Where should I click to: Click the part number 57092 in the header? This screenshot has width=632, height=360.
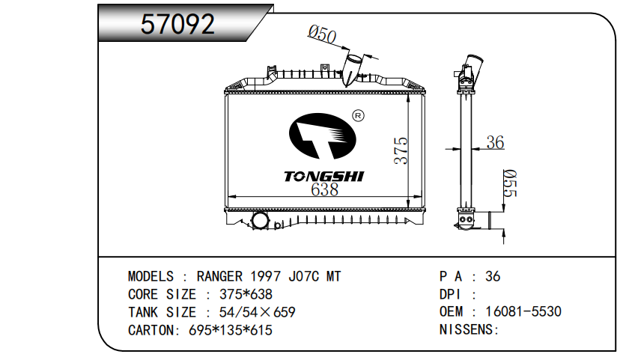coord(177,23)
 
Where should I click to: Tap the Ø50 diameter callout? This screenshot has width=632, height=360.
coord(322,34)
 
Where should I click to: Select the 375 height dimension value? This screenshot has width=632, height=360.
coord(401,150)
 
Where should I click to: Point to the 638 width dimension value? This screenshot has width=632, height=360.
coord(324,189)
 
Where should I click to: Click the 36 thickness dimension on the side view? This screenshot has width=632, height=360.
coord(495,142)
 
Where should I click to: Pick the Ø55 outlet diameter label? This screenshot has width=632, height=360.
coord(510,183)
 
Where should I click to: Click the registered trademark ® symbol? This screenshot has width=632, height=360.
coord(358,116)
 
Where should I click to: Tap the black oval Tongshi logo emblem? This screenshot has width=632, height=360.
coord(323,136)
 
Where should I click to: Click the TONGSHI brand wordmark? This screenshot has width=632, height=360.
coord(323,177)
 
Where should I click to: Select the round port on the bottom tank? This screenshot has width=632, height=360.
coord(260,220)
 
